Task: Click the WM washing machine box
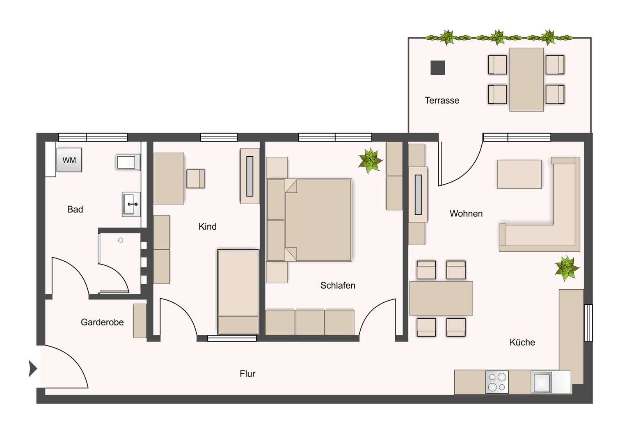tap(69, 160)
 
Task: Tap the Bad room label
tap(75, 209)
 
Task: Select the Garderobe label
tap(102, 322)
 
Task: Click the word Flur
tap(247, 374)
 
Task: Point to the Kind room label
tap(207, 226)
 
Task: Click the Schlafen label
tap(338, 285)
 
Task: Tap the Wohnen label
tap(466, 213)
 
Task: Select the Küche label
tap(522, 342)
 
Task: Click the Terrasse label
tap(442, 100)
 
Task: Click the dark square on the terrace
tap(437, 68)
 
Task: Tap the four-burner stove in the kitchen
tap(497, 382)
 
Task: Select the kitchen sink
tap(541, 382)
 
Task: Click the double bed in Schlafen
tap(318, 219)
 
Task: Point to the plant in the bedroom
tap(370, 160)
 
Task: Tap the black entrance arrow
tap(32, 368)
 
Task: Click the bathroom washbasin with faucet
tap(131, 204)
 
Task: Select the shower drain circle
tap(121, 240)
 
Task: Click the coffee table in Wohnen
tap(519, 174)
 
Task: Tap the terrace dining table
tap(526, 79)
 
